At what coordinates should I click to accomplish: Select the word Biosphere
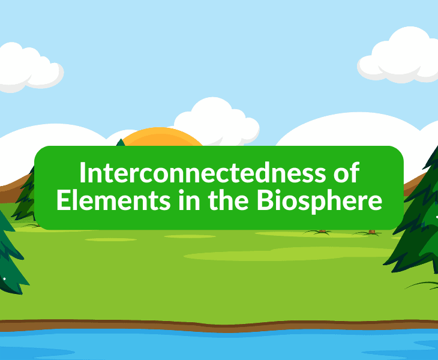pos(319,201)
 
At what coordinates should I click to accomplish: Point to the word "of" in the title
pos(346,174)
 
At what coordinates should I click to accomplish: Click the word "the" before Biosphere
pos(230,201)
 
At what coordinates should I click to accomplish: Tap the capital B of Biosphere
pos(265,201)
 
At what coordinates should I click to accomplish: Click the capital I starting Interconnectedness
pos(83,174)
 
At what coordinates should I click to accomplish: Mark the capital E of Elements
pos(62,201)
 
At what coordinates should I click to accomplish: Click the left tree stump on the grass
pos(322,230)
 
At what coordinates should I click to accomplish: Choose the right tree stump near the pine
pos(372,231)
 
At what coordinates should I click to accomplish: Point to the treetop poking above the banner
pos(121,143)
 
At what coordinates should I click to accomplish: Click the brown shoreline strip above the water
pos(219,326)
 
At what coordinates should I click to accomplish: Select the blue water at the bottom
pos(219,346)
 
